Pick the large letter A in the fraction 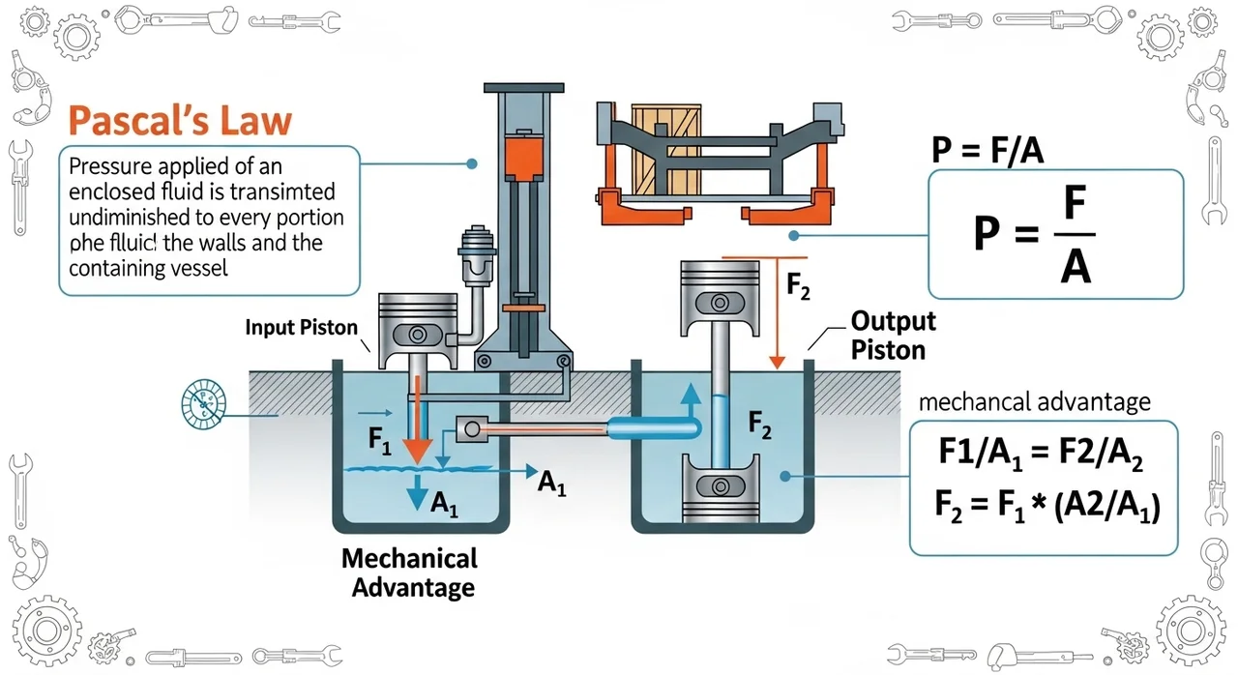click(1075, 264)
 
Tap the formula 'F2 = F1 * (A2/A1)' click(1045, 506)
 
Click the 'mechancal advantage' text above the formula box click(1034, 400)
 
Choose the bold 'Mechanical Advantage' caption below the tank click(409, 572)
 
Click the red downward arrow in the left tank click(417, 426)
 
